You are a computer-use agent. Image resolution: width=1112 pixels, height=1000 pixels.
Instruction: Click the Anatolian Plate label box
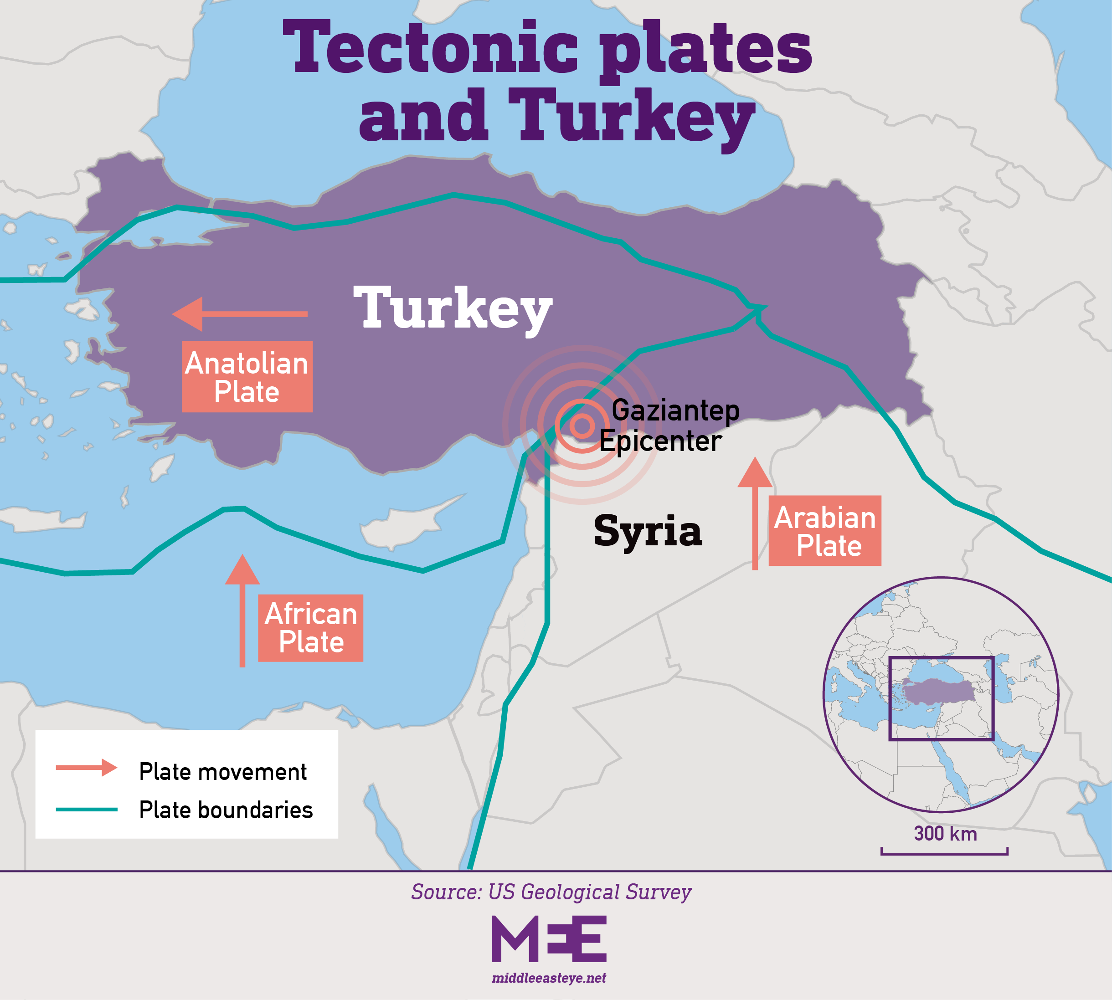coord(247,377)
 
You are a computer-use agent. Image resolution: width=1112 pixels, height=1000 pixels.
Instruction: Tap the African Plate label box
coord(310,628)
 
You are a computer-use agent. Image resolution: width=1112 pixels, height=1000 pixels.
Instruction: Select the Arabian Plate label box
coord(824,531)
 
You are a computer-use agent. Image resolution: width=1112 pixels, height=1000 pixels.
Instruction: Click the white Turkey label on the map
coord(453,309)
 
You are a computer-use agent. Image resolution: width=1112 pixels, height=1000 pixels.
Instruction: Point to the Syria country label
coord(648,531)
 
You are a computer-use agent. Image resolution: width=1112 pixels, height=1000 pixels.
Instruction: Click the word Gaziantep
coord(675,410)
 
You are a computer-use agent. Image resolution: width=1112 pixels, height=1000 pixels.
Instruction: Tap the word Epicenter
coord(660,441)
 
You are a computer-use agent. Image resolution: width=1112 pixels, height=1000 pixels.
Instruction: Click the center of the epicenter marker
coord(582,426)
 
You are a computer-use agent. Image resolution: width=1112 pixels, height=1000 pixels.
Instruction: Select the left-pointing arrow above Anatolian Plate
coord(240,314)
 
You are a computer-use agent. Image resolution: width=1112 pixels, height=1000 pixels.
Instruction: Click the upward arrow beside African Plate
coord(242,610)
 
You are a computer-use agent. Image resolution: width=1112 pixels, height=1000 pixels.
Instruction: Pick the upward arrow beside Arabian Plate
coord(755,513)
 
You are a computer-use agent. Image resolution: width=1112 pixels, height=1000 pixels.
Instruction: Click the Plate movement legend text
coord(222,772)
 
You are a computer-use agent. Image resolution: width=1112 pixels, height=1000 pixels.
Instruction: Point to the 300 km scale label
coord(945,834)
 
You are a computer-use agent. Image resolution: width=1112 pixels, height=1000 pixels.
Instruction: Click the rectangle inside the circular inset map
coord(941,699)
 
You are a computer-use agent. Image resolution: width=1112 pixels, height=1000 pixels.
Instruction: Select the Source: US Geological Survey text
coord(551,892)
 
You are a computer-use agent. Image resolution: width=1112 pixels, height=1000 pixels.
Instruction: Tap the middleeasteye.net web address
coord(549,978)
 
